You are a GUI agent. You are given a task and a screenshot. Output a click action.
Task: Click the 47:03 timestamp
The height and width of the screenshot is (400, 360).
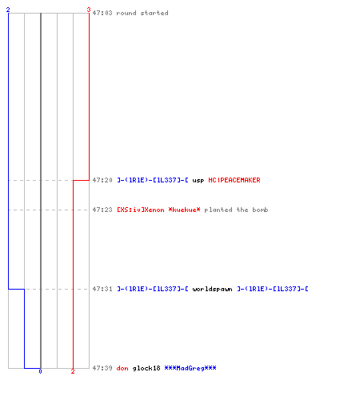(x=102, y=13)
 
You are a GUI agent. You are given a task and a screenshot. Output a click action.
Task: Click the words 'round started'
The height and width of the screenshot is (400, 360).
(x=142, y=13)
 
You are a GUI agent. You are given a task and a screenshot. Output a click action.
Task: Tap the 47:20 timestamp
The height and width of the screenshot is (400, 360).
(x=102, y=180)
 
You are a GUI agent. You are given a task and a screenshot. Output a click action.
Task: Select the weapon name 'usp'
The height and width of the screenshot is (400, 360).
(x=198, y=181)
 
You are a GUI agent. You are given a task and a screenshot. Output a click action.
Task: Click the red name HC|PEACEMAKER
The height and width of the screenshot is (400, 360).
(x=234, y=180)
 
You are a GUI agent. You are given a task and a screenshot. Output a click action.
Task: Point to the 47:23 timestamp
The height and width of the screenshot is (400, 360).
(x=102, y=210)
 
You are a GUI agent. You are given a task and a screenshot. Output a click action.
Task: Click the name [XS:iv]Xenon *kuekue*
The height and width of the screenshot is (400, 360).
(x=158, y=210)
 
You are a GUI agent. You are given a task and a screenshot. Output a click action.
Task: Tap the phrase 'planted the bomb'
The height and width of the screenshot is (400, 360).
(x=236, y=210)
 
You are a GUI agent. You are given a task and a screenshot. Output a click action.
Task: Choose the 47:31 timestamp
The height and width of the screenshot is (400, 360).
(x=102, y=289)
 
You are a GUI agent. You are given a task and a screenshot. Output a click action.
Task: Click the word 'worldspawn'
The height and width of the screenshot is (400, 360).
(x=212, y=289)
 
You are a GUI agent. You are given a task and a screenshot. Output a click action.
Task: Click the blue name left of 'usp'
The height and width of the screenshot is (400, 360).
(x=153, y=180)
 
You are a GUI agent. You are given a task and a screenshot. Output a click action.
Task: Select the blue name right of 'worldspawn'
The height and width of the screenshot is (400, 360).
(x=273, y=289)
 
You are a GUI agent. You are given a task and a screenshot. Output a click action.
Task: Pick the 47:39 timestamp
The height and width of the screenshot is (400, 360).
(x=102, y=368)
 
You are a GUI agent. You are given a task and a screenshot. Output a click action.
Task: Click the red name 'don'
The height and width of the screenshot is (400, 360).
(x=122, y=368)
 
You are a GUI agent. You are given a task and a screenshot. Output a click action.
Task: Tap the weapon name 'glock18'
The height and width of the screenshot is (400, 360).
(x=146, y=368)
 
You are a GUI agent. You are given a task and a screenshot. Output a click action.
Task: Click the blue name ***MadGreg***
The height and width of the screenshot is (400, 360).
(x=190, y=368)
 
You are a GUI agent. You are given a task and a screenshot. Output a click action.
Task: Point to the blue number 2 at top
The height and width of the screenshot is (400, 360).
(x=8, y=10)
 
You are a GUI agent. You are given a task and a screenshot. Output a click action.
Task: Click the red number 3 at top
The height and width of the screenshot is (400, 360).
(x=89, y=10)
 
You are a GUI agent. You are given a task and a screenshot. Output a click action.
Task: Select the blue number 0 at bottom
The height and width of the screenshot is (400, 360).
(x=40, y=371)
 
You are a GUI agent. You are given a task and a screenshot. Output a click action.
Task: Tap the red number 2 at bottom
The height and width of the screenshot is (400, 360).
(x=73, y=371)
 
